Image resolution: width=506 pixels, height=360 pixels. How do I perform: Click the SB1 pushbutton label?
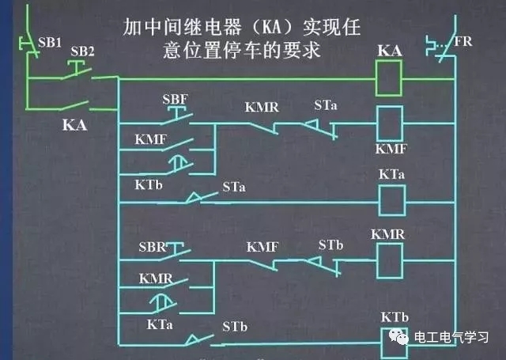(x=49, y=40)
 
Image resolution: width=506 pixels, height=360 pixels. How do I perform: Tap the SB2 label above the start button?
(x=82, y=51)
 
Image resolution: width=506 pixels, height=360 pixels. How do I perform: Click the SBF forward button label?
(x=174, y=100)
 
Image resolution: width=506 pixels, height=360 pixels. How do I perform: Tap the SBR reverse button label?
(x=153, y=247)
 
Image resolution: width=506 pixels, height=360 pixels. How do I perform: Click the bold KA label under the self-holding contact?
(x=74, y=125)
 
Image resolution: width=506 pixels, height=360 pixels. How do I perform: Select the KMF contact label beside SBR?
(x=262, y=247)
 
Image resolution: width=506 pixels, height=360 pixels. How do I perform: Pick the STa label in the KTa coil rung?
(x=233, y=188)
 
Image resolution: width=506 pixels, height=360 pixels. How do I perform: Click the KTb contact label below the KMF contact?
(x=141, y=184)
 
